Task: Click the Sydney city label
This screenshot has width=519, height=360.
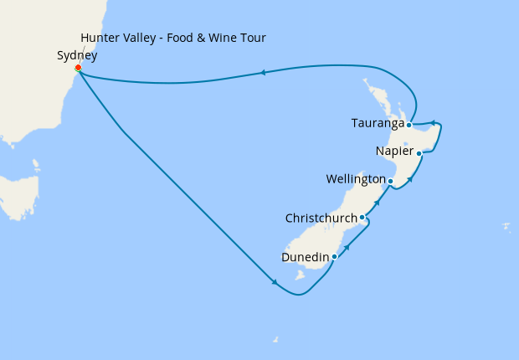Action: click(x=76, y=56)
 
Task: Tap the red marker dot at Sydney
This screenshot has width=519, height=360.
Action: click(x=78, y=68)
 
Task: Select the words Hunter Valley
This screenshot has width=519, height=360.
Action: click(x=116, y=39)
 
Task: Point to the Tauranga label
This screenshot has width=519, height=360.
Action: click(x=378, y=125)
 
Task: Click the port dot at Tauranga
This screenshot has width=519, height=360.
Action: click(x=409, y=125)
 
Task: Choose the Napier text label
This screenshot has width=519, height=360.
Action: click(x=395, y=152)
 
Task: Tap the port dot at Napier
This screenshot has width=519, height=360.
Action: click(x=419, y=153)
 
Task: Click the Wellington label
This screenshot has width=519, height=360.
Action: click(x=355, y=180)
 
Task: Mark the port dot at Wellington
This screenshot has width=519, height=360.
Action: click(x=390, y=181)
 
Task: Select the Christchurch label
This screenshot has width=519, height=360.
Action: click(x=321, y=219)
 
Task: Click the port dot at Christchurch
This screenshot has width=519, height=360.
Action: click(x=362, y=218)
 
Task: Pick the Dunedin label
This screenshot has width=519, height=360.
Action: click(x=305, y=258)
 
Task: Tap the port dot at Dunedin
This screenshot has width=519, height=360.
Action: click(x=334, y=256)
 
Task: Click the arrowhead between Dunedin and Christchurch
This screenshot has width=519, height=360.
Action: click(x=347, y=247)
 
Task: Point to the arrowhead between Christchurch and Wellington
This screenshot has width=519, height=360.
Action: click(x=377, y=203)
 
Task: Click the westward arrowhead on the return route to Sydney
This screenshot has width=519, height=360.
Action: click(x=263, y=73)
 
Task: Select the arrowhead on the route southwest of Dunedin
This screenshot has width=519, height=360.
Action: click(x=275, y=283)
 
